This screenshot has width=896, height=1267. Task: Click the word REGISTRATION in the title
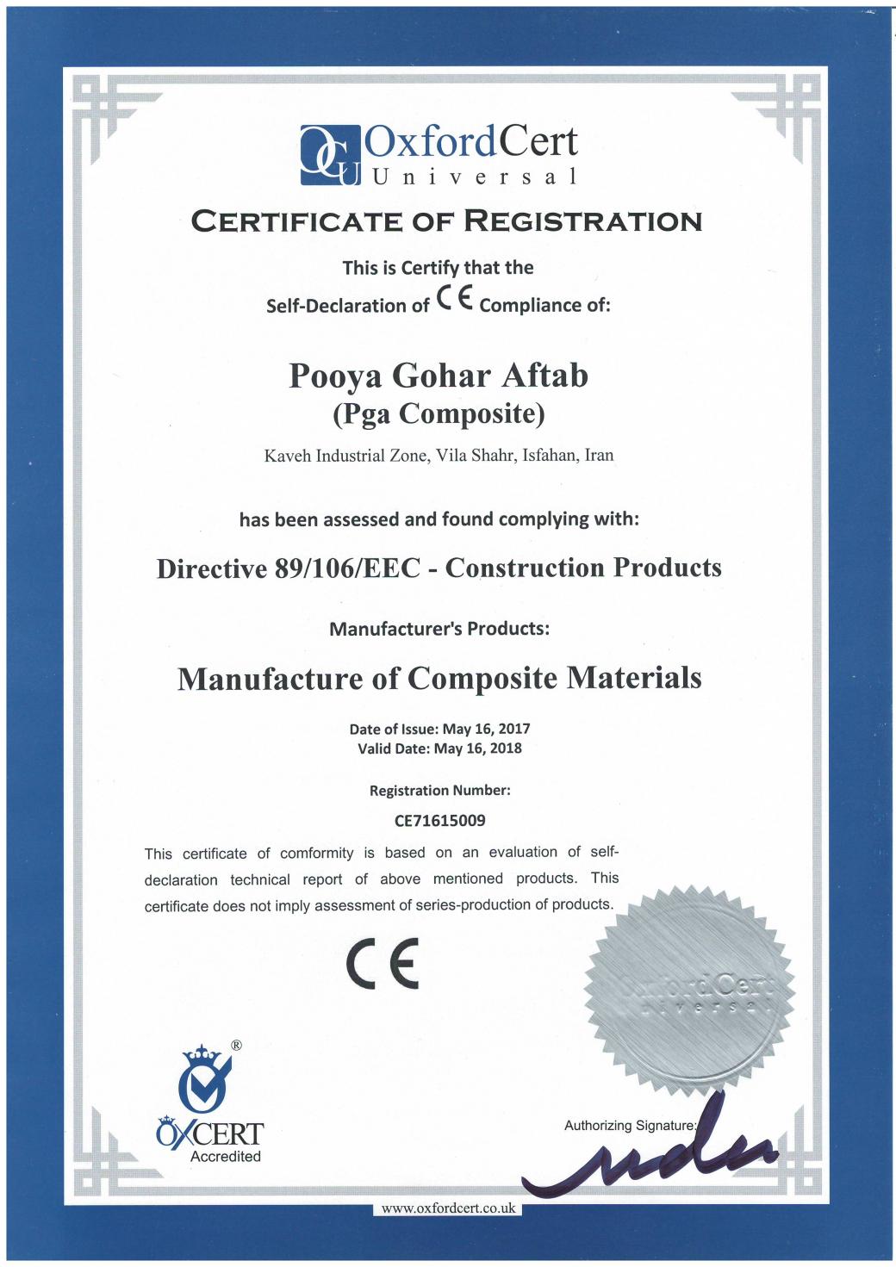(582, 221)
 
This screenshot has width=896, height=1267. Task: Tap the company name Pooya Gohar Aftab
(439, 376)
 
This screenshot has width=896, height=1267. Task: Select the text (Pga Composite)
(439, 414)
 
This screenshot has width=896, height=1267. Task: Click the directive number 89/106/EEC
(347, 568)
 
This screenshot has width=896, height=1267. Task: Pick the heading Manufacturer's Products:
(439, 629)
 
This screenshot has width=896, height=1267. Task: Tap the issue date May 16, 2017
(486, 729)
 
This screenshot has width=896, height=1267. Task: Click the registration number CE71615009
(439, 821)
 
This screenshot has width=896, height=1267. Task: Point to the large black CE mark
(383, 964)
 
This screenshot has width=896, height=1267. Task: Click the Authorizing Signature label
(630, 1126)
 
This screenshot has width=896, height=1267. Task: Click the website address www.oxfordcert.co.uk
(448, 1208)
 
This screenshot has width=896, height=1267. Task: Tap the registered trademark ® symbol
(237, 1046)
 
